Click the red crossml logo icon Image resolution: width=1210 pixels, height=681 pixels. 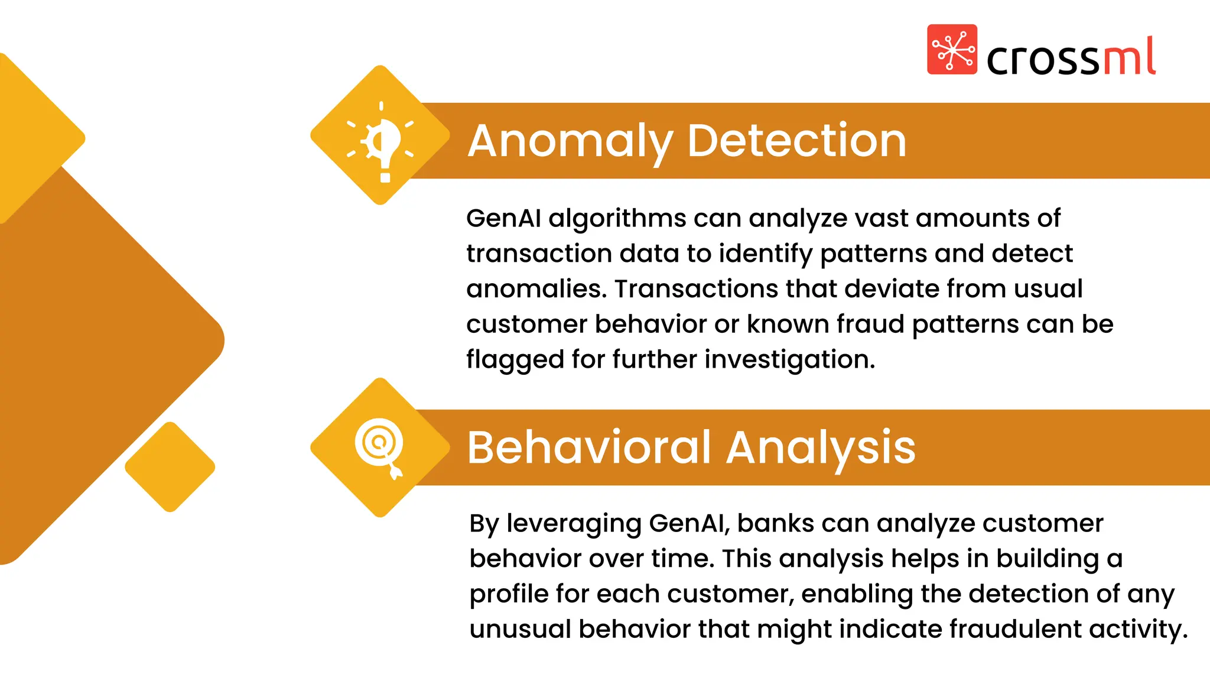[952, 50]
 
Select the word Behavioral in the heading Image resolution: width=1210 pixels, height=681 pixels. [589, 447]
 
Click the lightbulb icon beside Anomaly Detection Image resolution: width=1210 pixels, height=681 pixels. [381, 142]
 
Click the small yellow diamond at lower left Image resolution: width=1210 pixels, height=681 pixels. [170, 467]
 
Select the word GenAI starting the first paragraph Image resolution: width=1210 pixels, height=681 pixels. [503, 219]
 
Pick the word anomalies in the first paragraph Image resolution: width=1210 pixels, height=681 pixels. [536, 289]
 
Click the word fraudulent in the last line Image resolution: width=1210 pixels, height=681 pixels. [1015, 629]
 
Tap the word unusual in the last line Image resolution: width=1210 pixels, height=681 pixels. [520, 629]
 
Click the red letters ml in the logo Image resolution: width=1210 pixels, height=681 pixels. [1129, 57]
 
